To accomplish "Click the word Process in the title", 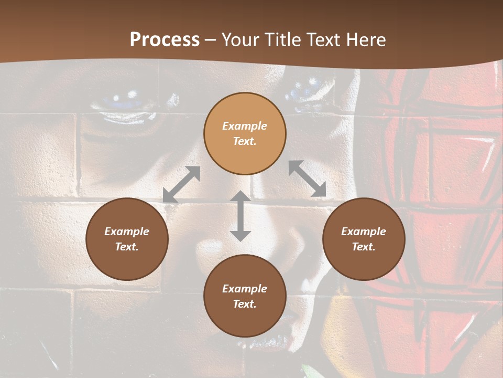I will (165, 40).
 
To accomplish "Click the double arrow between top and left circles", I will (182, 184).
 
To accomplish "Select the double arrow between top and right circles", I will (308, 178).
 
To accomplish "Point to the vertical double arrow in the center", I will (240, 216).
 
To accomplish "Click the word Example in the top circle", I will (245, 126).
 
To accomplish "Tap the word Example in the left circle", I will (127, 232).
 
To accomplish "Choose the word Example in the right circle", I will (364, 232).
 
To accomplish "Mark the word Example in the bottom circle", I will (245, 289).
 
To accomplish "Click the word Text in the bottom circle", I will (244, 304).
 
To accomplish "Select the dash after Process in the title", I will (211, 40).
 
